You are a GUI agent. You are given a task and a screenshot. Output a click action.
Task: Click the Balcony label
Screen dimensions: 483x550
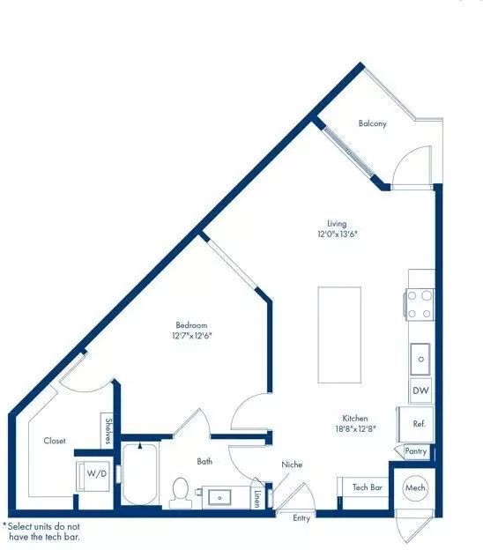(373, 123)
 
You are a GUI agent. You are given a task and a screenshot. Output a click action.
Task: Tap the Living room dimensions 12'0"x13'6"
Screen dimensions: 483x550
(337, 234)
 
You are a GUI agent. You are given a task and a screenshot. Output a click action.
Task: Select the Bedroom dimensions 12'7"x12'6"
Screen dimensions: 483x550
(192, 336)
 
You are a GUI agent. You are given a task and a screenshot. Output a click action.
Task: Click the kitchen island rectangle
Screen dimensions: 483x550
(339, 335)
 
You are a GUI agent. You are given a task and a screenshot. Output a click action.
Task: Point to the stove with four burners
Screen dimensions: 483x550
(420, 304)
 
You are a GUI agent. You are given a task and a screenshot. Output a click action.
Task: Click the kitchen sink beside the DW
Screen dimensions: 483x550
(420, 359)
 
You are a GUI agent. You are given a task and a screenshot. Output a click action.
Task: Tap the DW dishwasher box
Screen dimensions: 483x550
(420, 390)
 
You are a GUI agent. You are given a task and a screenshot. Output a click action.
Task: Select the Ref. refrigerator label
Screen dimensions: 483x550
(420, 424)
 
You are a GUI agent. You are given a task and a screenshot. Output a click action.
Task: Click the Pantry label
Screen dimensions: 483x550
(416, 450)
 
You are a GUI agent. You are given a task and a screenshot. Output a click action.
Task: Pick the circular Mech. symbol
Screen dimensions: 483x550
(416, 487)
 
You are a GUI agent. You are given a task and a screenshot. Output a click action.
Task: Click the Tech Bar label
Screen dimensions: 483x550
(368, 487)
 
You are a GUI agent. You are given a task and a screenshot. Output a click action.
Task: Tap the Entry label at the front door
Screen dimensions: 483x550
(301, 518)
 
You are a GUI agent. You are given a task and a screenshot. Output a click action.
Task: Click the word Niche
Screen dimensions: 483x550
(292, 465)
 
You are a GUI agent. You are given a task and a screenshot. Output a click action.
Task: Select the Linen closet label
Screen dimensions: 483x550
(256, 499)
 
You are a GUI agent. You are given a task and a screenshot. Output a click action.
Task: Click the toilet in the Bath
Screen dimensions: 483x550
(181, 493)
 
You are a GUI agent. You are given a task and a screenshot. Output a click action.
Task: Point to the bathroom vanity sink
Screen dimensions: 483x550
(219, 497)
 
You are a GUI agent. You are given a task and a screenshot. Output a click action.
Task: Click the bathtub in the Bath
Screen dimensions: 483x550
(140, 474)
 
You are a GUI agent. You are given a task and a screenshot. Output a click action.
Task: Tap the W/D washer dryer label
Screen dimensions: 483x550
(96, 474)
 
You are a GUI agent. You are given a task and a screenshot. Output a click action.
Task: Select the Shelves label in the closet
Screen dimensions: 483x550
(108, 431)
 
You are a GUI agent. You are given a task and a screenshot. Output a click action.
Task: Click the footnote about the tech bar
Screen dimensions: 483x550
(41, 531)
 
